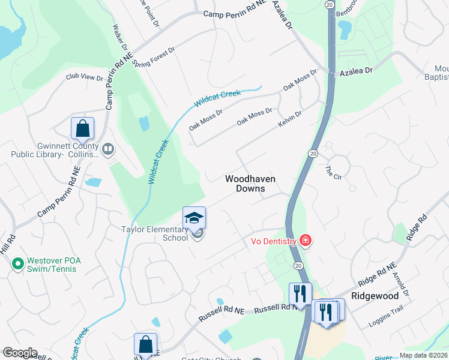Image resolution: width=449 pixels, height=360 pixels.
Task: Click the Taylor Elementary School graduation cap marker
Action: (x=194, y=219)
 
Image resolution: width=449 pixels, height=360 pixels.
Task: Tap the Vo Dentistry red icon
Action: (x=306, y=241)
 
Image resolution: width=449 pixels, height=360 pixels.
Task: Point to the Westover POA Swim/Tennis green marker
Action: (x=17, y=262)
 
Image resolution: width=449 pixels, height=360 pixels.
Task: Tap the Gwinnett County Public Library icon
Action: (x=108, y=148)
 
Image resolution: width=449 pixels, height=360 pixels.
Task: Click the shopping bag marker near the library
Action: (x=82, y=128)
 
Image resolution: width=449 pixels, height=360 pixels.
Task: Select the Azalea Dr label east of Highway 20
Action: (x=357, y=70)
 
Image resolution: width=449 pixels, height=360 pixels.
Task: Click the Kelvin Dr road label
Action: (x=290, y=117)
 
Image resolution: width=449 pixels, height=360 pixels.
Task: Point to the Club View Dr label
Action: (x=85, y=77)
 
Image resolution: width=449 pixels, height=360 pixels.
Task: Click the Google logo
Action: (x=19, y=353)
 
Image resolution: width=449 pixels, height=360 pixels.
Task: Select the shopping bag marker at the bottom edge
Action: (x=145, y=344)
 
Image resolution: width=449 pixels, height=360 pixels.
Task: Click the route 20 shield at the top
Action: (x=330, y=4)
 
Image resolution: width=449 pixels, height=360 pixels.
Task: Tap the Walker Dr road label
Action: (x=120, y=37)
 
